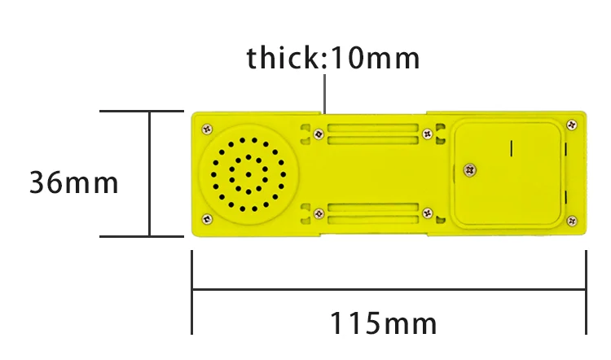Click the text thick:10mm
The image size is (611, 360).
pyautogui.click(x=333, y=58)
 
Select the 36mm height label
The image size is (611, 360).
pyautogui.click(x=74, y=182)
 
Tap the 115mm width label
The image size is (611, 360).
pyautogui.click(x=384, y=323)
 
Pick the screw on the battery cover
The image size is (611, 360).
pyautogui.click(x=468, y=169)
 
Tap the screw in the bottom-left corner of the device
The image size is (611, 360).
pyautogui.click(x=207, y=218)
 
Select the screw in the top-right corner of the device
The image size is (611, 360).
pyautogui.click(x=572, y=125)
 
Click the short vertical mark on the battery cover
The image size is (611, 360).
pyautogui.click(x=511, y=148)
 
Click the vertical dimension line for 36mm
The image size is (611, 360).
pyautogui.click(x=150, y=173)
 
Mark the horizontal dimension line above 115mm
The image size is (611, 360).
pyautogui.click(x=389, y=288)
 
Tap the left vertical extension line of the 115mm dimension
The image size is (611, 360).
pyautogui.click(x=191, y=293)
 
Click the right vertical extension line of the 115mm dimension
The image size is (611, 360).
pyautogui.click(x=586, y=293)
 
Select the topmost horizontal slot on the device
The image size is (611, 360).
pyautogui.click(x=371, y=127)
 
